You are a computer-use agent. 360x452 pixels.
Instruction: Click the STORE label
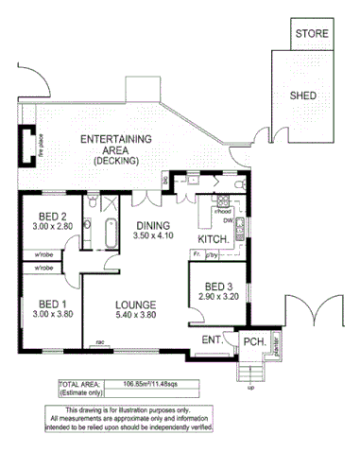point(312,33)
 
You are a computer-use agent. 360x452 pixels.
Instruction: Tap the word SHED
point(304,96)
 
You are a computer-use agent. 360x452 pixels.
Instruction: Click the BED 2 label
point(44,216)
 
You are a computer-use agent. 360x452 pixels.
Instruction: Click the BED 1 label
point(44,304)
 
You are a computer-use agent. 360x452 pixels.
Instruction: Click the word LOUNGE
point(135,304)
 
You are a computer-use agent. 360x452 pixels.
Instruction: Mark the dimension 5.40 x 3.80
point(135,315)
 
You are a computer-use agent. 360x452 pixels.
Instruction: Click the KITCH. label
point(214,239)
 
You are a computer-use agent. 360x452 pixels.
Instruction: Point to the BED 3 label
point(218,287)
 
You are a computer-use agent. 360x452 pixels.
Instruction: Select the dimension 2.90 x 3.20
point(218,298)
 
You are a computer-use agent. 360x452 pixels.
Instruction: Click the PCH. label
point(253,342)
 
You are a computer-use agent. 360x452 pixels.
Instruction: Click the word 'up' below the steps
point(250,388)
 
